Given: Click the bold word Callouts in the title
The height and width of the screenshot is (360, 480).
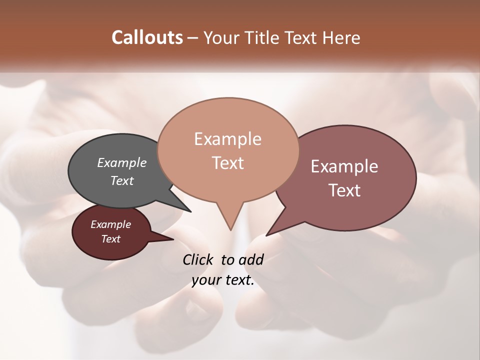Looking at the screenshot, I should pyautogui.click(x=147, y=37).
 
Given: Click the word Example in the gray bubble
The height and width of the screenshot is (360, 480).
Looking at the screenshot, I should pyautogui.click(x=122, y=162).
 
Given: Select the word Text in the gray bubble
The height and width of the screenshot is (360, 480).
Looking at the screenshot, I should pyautogui.click(x=122, y=180).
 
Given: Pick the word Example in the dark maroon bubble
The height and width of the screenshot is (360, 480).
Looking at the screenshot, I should pyautogui.click(x=110, y=224).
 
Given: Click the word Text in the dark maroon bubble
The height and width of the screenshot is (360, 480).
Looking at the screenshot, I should pyautogui.click(x=110, y=239).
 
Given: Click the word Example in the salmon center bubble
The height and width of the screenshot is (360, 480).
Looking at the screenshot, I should pyautogui.click(x=227, y=138).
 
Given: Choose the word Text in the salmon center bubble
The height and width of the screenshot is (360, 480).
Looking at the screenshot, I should pyautogui.click(x=227, y=162).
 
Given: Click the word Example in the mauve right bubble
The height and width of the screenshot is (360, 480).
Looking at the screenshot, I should pyautogui.click(x=344, y=166).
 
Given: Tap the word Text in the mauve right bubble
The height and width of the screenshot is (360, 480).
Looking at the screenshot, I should pyautogui.click(x=344, y=190).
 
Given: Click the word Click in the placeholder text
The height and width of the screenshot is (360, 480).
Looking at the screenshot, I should pyautogui.click(x=199, y=259).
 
